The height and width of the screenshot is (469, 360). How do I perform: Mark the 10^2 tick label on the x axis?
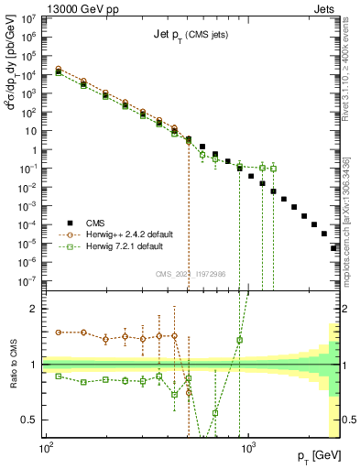tap(44, 450)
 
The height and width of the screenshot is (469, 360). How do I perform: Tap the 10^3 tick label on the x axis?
tap(247, 450)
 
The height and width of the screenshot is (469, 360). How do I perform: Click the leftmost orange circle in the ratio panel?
tap(60, 332)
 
